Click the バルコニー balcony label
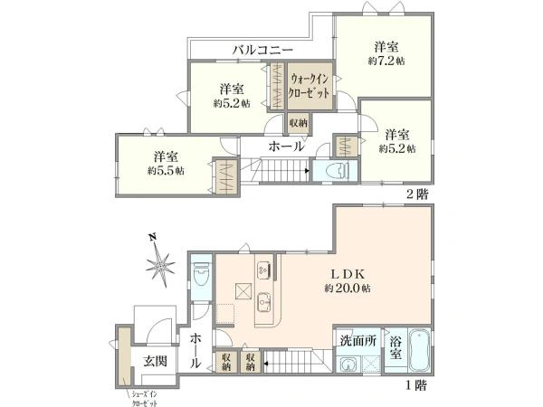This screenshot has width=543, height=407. coord(262,50)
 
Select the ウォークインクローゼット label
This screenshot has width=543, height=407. coord(310,86)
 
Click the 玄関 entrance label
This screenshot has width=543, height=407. coord(155,361)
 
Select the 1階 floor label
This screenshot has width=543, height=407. coord(415,383)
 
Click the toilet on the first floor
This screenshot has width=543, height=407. coord(201,271)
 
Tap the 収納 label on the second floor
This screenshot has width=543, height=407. coord(298,123)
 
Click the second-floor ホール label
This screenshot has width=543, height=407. coord(285,146)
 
